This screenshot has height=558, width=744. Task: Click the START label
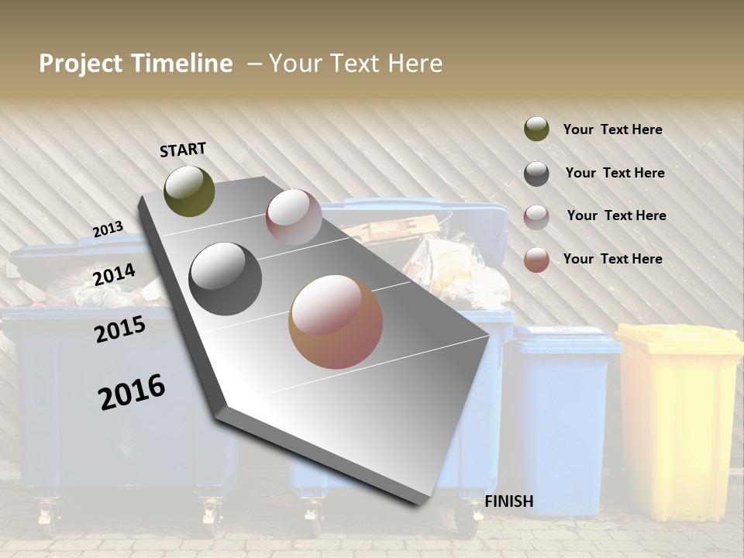tap(183, 150)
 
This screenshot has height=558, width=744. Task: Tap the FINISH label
tap(508, 501)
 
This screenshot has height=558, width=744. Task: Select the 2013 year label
tap(108, 229)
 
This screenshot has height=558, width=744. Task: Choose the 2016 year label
tap(131, 392)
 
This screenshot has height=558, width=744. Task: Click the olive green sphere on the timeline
tap(189, 191)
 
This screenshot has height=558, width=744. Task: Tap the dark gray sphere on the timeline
tap(225, 279)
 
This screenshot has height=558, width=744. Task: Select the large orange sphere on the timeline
tap(336, 322)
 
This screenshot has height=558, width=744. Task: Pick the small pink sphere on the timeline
tap(294, 217)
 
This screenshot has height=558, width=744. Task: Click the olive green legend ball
tap(536, 129)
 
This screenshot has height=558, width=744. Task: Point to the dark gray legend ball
tap(536, 174)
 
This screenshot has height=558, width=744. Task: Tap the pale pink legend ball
tap(536, 217)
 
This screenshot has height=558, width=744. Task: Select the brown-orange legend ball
tap(536, 260)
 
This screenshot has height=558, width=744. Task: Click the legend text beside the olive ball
tap(612, 130)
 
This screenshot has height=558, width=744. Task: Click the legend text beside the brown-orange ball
tap(612, 259)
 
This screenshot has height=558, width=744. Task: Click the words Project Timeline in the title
tap(136, 64)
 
